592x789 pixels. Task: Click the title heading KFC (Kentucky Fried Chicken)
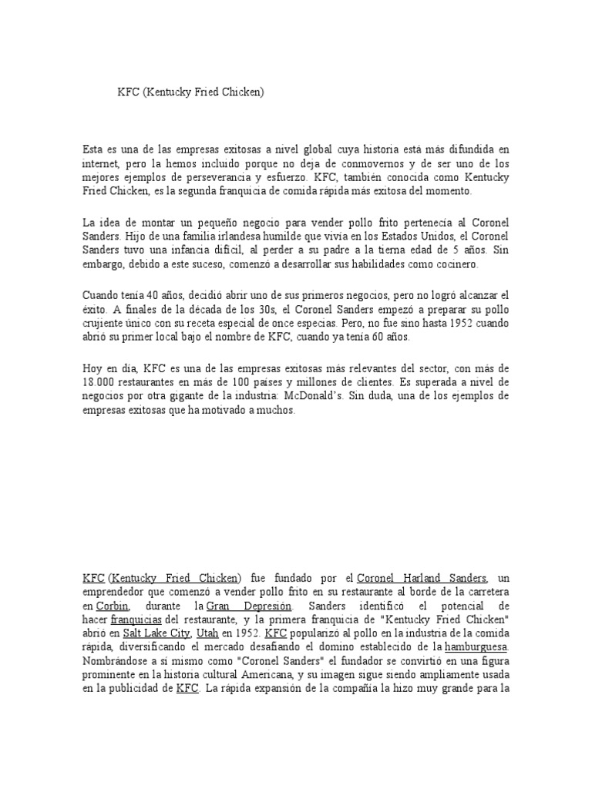coord(190,92)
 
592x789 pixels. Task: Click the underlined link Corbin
coord(112,606)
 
